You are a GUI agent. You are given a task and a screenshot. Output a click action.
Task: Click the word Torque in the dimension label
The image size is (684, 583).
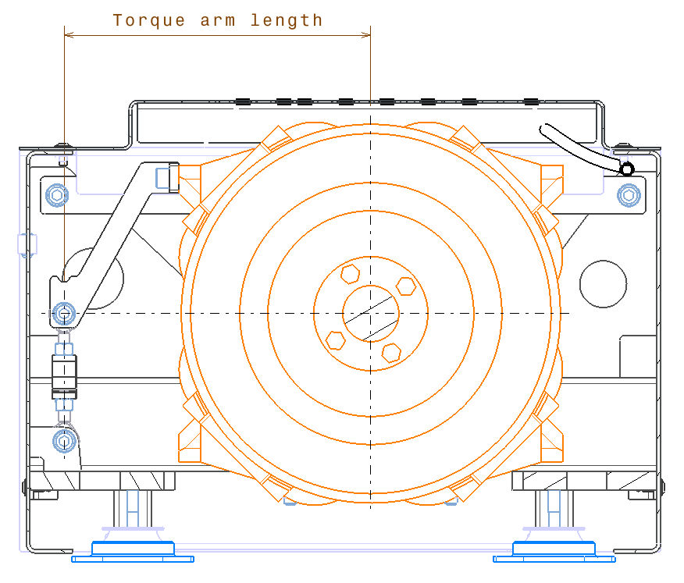pos(150,21)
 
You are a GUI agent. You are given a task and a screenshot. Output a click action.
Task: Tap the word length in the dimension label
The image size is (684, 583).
pos(287,21)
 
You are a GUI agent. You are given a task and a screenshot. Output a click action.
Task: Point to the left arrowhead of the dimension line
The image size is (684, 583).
pos(67,34)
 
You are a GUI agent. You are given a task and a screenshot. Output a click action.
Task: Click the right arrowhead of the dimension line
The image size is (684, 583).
pos(367,34)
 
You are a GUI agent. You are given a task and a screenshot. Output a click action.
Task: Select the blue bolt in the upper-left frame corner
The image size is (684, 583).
pos(56,194)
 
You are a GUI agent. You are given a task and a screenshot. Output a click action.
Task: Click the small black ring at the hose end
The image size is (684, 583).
pos(626,169)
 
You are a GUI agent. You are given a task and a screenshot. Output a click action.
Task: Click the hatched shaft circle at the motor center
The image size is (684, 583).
pos(371,313)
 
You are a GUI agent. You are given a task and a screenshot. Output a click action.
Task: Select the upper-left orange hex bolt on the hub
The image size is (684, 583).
pos(350,274)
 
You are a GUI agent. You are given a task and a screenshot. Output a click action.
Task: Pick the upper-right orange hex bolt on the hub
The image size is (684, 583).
pos(405,286)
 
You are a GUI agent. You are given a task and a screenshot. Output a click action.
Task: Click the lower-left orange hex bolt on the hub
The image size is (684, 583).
pos(336,340)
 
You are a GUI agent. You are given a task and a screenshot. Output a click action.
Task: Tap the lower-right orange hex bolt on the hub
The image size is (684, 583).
pos(391,352)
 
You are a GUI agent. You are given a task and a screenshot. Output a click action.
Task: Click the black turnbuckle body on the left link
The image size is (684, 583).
pos(65,372)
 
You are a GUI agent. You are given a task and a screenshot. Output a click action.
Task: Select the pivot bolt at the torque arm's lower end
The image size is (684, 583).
pos(64,314)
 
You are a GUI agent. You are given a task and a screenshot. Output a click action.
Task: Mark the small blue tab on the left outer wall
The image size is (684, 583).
pos(27,244)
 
